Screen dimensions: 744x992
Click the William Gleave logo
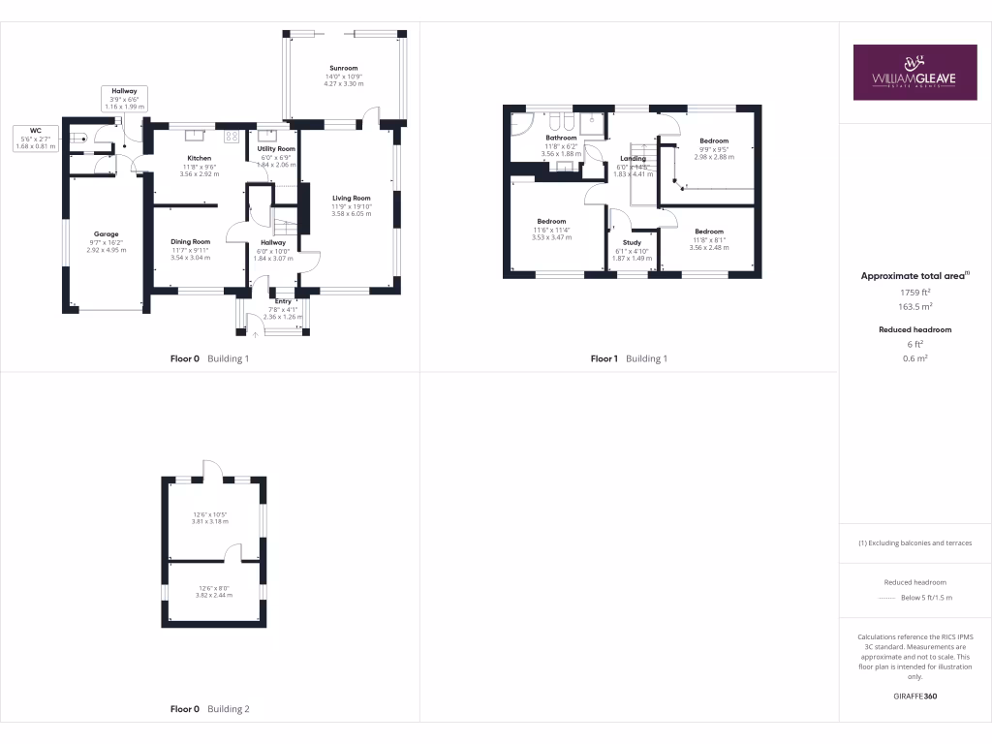[x=914, y=72]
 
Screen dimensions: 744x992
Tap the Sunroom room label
[x=342, y=69]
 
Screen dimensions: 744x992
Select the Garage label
[x=106, y=234]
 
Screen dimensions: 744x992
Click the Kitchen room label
[x=200, y=158]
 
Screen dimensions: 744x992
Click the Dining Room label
[x=190, y=242]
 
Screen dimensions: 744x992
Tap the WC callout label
[x=36, y=130]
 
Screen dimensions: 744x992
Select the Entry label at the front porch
[x=283, y=301]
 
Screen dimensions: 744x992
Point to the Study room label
[x=632, y=243]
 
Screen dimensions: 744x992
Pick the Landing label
[x=633, y=159]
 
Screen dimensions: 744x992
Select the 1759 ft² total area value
[x=914, y=292]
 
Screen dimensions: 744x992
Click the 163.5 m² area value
[x=914, y=305]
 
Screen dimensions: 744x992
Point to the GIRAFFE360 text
[x=914, y=696]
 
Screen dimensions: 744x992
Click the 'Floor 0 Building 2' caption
[x=210, y=709]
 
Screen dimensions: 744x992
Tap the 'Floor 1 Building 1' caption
[x=630, y=358]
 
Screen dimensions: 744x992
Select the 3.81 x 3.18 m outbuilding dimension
[x=213, y=521]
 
